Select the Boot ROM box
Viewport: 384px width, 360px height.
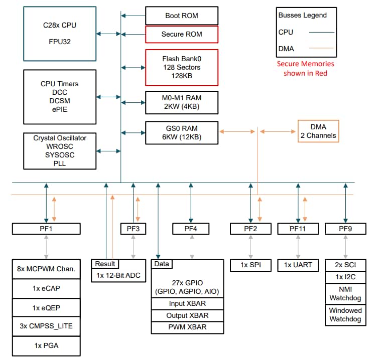tap(181, 16)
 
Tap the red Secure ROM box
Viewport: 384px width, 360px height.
tap(181, 35)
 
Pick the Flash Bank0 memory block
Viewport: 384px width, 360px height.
tap(181, 67)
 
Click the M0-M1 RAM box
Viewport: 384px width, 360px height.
tap(181, 102)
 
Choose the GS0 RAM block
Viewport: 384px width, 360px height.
tap(181, 133)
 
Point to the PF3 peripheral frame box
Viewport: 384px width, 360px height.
tap(133, 229)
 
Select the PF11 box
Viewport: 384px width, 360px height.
tap(298, 229)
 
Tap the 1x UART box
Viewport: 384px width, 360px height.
tap(298, 265)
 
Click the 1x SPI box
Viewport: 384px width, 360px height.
tap(250, 265)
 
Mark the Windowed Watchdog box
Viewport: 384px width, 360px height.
tap(345, 315)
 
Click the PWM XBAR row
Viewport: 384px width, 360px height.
tap(187, 327)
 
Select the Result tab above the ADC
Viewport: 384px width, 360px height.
tap(105, 264)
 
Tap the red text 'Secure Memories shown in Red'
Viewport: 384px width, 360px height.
tap(305, 69)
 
